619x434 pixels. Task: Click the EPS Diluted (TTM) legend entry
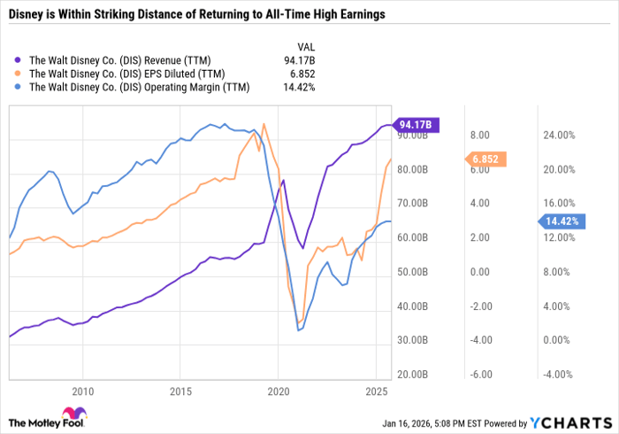127,74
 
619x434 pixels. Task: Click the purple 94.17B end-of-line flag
416,126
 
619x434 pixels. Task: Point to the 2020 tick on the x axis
279,390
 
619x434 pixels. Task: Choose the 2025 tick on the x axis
376,390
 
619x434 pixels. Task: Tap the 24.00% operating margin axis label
558,136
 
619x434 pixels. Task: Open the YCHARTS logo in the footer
569,422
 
